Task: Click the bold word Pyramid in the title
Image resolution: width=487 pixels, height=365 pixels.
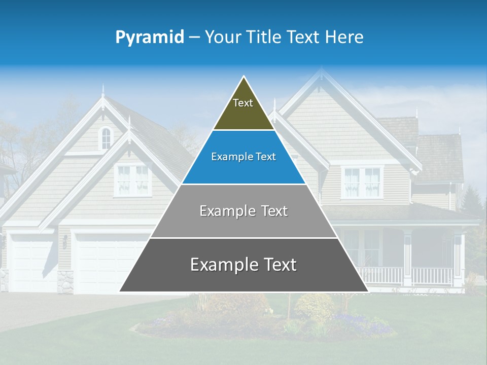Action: point(150,38)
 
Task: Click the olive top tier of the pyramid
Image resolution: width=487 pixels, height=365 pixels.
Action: point(243,109)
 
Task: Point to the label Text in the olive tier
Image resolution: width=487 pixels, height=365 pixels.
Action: point(243,103)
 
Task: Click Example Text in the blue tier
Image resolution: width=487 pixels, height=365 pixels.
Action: point(243,157)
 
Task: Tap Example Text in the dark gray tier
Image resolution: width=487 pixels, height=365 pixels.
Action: point(243,265)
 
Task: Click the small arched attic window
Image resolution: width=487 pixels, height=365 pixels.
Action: point(106,138)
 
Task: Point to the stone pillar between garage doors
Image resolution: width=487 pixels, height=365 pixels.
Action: point(65,282)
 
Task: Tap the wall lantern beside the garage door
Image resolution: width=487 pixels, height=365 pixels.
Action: point(65,241)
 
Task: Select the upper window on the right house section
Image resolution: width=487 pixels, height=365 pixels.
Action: point(362,182)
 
